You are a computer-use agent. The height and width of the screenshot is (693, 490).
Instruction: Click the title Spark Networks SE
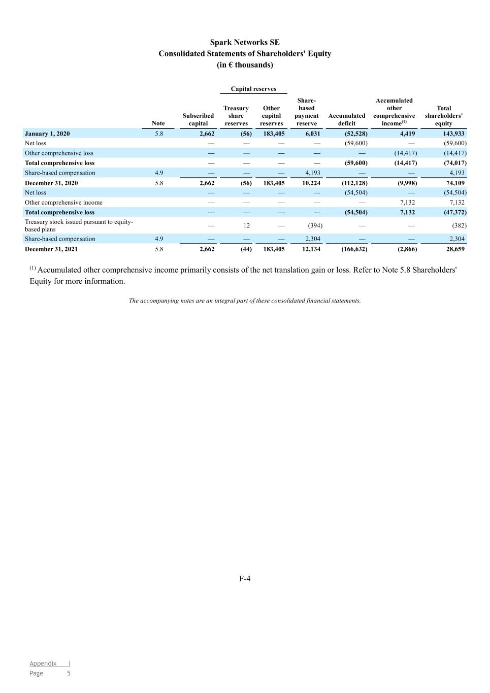coord(245,43)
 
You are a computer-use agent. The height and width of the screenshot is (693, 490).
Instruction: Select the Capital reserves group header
coord(253,89)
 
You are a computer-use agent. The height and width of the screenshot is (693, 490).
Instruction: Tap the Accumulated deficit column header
coord(347,119)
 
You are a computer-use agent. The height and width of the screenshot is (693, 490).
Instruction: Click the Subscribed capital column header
coord(198,119)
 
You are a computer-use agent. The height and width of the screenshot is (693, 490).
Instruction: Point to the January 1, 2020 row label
coord(47,134)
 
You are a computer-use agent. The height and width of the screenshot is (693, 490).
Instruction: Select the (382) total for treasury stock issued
coord(459,225)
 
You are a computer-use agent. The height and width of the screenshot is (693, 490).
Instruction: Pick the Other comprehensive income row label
coord(63,203)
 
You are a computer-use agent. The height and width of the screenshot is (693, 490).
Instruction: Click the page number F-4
coord(245,578)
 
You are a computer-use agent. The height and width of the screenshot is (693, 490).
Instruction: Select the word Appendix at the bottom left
coord(43,663)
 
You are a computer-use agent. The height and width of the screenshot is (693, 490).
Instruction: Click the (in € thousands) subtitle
coord(245,65)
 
